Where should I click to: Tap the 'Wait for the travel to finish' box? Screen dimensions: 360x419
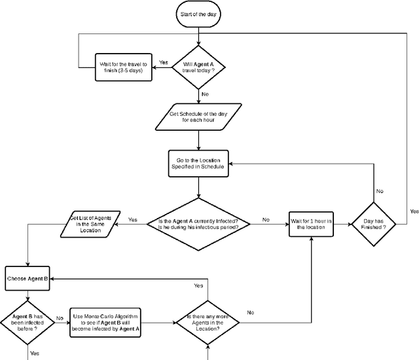click(x=124, y=67)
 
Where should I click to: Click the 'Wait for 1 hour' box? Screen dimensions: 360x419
click(x=312, y=224)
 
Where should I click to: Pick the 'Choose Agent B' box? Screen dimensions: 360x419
click(x=27, y=278)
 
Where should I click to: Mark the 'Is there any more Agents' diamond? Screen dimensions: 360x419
click(x=208, y=321)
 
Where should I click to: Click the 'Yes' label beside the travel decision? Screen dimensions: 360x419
click(x=164, y=62)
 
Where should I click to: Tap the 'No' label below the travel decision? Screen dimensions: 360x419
click(x=206, y=94)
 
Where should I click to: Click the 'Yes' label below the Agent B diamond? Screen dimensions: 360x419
click(x=35, y=352)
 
